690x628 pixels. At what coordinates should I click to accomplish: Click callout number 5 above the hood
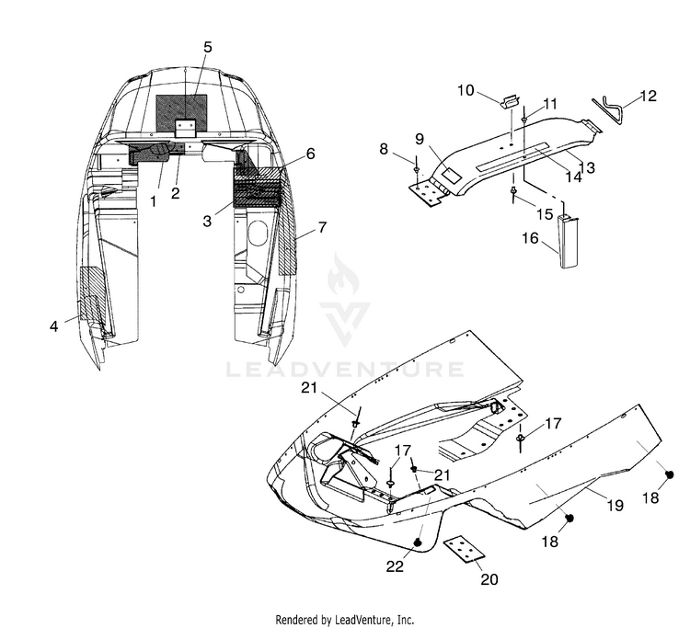[x=207, y=47]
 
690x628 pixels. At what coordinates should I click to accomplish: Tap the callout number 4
[x=53, y=326]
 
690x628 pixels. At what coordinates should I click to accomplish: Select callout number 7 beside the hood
[x=323, y=227]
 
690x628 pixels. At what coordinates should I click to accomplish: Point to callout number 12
[x=648, y=96]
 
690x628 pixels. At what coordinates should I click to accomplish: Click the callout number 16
[x=530, y=238]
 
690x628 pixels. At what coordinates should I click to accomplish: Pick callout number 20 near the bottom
[x=489, y=579]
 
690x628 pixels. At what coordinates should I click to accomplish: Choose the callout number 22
[x=395, y=566]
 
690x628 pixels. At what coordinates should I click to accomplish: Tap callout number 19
[x=615, y=506]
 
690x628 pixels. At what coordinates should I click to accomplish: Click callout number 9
[x=420, y=139]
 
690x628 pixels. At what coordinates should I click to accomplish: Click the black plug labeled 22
[x=419, y=542]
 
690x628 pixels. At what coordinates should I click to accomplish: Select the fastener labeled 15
[x=513, y=194]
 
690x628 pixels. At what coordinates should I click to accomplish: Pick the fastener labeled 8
[x=416, y=171]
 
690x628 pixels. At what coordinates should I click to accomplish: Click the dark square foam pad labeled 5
[x=181, y=113]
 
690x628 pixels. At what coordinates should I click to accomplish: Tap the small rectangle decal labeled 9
[x=451, y=176]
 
